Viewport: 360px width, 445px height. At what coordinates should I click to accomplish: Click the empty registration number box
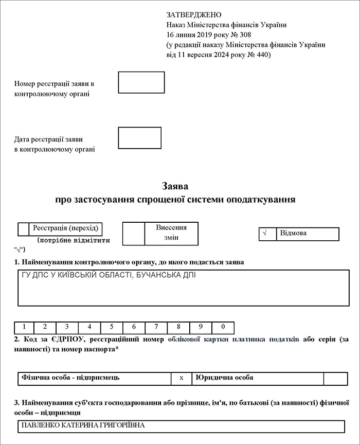point(141,82)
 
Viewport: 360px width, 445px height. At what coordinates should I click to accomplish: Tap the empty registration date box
point(139,138)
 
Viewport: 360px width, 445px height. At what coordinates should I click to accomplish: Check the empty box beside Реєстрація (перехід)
point(23,229)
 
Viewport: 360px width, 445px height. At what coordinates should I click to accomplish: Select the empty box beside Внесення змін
point(133,234)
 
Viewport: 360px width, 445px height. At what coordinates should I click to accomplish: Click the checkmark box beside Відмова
point(267,234)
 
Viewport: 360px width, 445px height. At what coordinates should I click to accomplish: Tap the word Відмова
point(293,234)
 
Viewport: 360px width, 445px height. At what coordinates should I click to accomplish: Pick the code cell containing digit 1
point(24,328)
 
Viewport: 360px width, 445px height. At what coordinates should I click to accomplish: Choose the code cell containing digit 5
point(112,328)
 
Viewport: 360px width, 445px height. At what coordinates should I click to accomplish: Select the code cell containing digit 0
point(223,328)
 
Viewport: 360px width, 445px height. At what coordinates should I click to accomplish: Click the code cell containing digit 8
point(178,328)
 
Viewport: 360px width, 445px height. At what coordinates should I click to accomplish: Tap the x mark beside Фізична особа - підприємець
point(181,378)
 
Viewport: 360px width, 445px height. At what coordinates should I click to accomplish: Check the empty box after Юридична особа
point(335,378)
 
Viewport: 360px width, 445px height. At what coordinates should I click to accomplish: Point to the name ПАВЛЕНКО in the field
point(42,425)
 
